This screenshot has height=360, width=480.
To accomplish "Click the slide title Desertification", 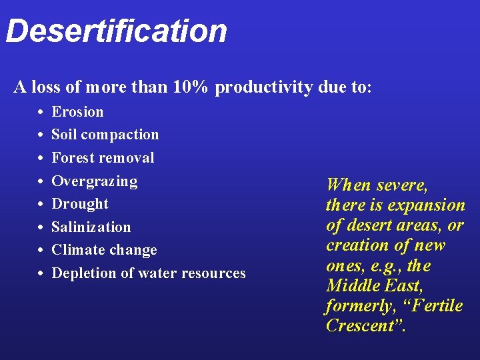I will [x=117, y=31].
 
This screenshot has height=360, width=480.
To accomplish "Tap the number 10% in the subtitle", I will [x=193, y=87].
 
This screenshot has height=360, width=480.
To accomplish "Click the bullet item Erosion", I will [x=77, y=112].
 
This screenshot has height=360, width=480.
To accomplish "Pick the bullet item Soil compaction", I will [x=105, y=135].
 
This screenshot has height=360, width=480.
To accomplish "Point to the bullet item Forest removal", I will [x=103, y=158].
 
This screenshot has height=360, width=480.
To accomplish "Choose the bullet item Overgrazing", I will [x=95, y=181].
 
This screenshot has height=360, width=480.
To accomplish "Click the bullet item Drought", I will [x=80, y=204].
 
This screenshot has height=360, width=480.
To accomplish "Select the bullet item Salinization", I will [x=91, y=227].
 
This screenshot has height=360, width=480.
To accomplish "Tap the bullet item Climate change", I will [x=104, y=250].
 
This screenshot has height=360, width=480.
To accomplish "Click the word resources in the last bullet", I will [x=212, y=273].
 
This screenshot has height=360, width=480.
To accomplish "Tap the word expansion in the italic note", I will [x=427, y=205].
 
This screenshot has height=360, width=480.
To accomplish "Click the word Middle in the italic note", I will [x=351, y=286].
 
